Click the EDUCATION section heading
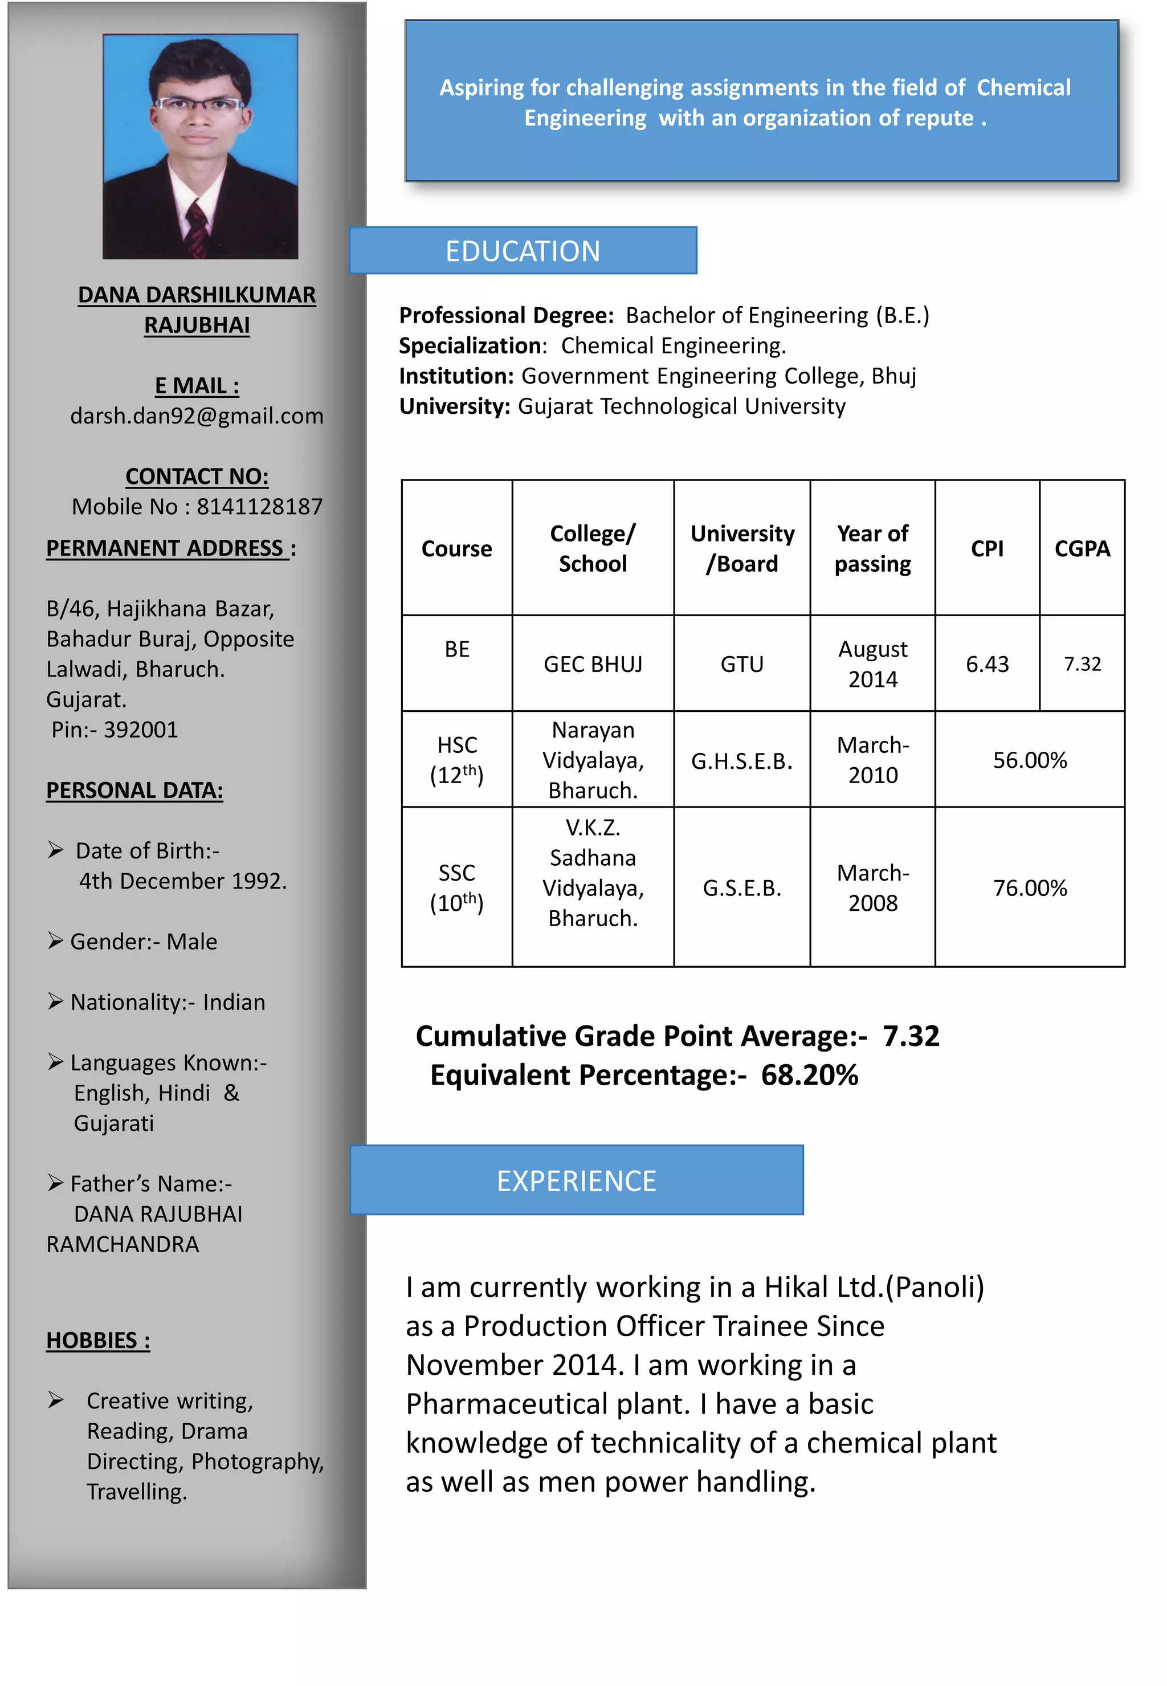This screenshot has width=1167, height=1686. (x=522, y=251)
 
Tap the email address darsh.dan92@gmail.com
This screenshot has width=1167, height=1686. (x=197, y=416)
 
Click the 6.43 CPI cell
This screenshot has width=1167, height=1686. (x=986, y=664)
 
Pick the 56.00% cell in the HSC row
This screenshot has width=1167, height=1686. (x=1030, y=760)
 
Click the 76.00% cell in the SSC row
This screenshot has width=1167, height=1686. (x=1030, y=888)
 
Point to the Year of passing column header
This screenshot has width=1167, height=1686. (x=872, y=548)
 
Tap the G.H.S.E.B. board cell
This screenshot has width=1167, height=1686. (x=741, y=761)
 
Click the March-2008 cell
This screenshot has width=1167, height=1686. (x=872, y=888)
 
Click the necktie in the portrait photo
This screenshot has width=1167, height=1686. (x=197, y=227)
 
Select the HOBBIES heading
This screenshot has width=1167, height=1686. (x=98, y=1340)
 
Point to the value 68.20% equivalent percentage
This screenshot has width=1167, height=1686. (x=810, y=1075)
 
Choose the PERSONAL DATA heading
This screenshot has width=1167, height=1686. (x=134, y=791)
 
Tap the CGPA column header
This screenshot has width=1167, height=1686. (x=1082, y=548)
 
